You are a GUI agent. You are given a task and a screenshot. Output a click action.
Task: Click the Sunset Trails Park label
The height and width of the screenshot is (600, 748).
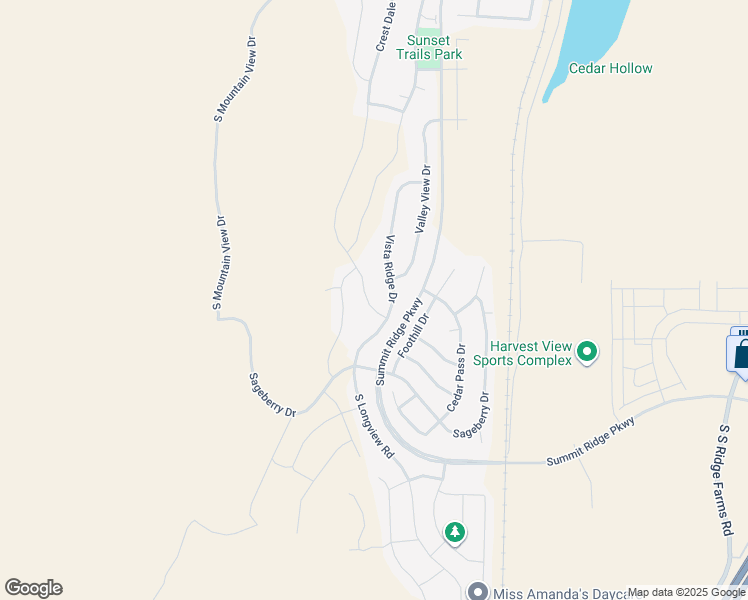[429, 47]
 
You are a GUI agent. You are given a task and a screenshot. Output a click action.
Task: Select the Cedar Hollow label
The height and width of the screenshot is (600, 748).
[610, 69]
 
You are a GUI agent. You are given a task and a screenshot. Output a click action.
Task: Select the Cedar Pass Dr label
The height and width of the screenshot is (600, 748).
[456, 378]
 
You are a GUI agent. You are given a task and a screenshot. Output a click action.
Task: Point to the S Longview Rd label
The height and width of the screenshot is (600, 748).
[374, 426]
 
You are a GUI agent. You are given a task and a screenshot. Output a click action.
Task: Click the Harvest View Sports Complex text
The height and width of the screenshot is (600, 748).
[522, 353]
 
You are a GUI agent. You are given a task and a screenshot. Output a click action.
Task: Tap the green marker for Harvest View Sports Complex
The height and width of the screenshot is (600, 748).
[587, 351]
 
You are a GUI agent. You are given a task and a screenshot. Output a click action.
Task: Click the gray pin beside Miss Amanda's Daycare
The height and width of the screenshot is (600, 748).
[478, 593]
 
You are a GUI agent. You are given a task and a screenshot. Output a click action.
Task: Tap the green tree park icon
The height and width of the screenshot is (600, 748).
[455, 532]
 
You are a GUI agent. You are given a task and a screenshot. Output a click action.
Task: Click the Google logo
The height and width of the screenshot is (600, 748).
[33, 588]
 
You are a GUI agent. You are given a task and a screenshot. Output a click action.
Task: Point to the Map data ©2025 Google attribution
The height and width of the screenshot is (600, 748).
[686, 593]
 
